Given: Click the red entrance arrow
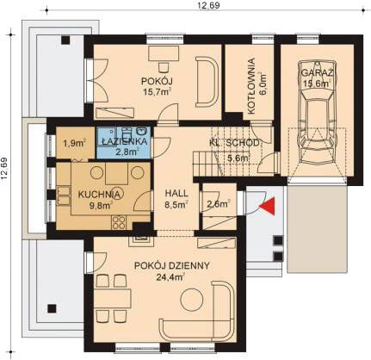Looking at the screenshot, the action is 269,206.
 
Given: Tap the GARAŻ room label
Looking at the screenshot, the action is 317,73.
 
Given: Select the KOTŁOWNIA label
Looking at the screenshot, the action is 251,86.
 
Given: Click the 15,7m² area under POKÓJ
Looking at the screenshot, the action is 158,92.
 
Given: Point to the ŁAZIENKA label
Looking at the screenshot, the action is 125,141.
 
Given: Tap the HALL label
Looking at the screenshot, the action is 176,193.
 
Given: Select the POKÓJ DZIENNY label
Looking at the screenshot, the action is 172,266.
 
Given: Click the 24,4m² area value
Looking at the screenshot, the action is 170,277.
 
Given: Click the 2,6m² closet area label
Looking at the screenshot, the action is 219,204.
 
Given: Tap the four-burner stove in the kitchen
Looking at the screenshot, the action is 119,222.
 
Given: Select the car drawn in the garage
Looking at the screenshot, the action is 317,108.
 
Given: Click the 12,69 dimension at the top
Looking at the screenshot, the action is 208,5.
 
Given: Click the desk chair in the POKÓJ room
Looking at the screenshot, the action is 164,67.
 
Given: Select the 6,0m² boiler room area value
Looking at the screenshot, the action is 263,84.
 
